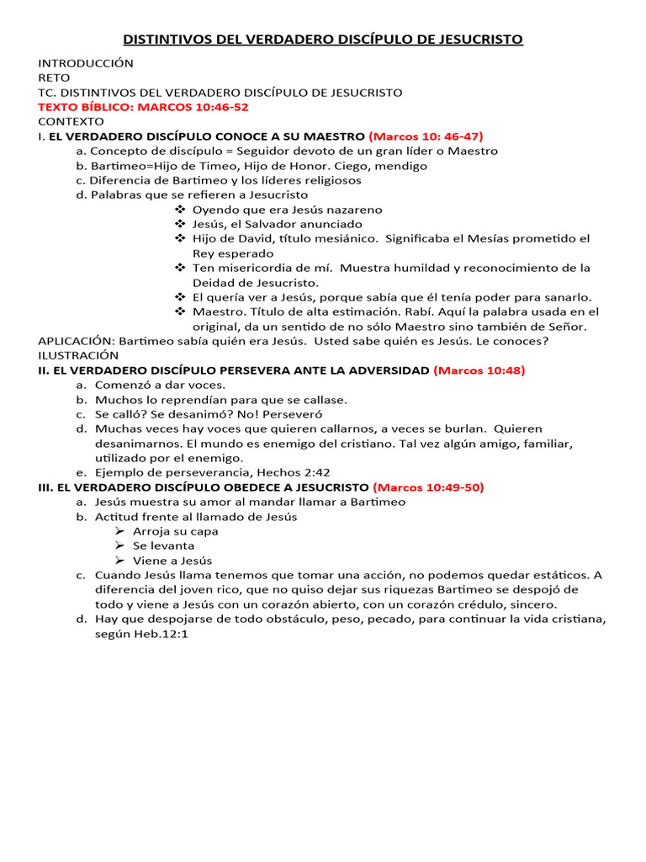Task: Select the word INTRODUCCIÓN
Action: coord(86,63)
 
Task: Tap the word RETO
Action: coord(55,77)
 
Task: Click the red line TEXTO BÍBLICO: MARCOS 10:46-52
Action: coord(144,107)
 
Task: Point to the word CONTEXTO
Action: coord(71,121)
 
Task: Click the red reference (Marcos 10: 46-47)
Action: coord(426,136)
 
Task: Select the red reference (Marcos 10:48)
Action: coord(479,370)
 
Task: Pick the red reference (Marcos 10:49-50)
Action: coord(428,487)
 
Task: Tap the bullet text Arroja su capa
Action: coord(175,531)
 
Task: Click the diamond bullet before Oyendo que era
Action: coord(179,210)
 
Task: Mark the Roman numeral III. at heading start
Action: coord(47,487)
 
